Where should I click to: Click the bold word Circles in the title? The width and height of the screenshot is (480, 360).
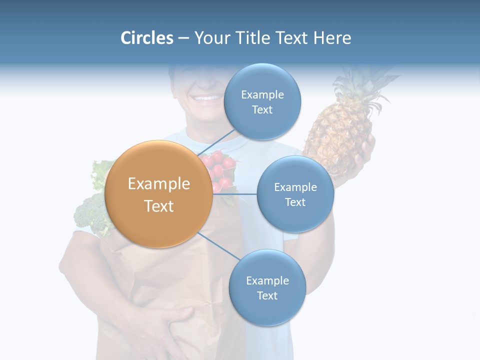[146, 38]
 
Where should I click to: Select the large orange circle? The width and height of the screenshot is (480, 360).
[159, 194]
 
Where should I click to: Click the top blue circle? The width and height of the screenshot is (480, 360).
[262, 101]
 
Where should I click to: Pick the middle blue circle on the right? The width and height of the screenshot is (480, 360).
[295, 194]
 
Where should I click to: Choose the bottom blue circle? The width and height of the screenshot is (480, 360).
[267, 287]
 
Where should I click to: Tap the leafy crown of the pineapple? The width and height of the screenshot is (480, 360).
[365, 85]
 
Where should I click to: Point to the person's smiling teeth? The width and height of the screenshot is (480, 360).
[206, 97]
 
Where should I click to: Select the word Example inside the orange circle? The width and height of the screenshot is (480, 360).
[159, 184]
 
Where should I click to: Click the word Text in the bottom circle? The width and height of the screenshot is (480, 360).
[267, 295]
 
